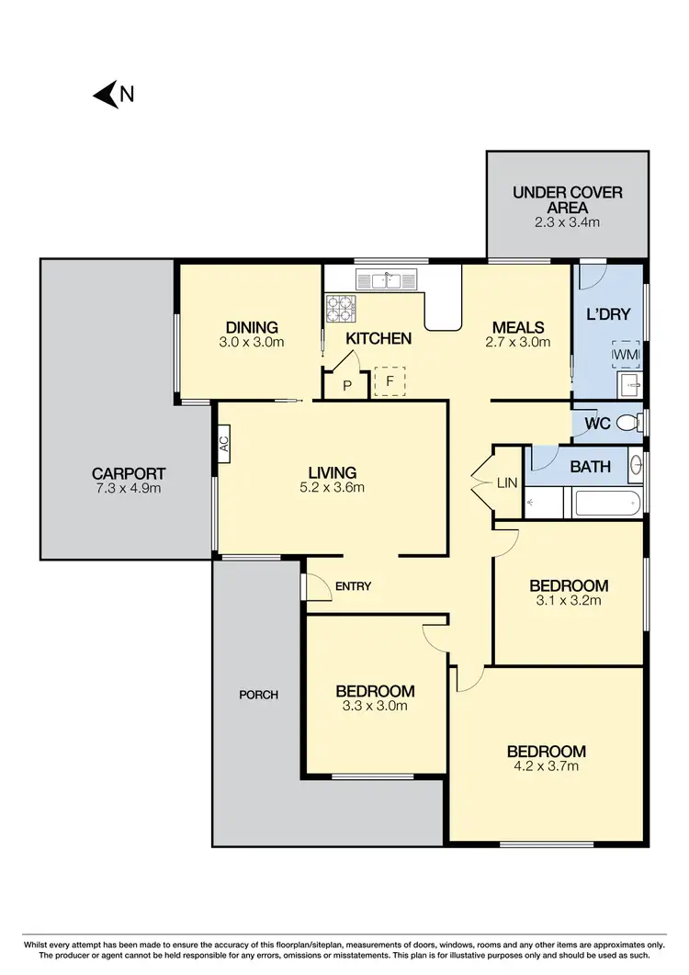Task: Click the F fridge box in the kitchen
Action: tap(390, 380)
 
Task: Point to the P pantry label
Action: tap(347, 386)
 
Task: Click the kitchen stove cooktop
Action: tap(341, 309)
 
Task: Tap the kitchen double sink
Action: tap(387, 279)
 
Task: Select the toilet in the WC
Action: tap(630, 423)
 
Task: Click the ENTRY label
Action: tap(353, 586)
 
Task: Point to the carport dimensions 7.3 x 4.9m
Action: tap(129, 488)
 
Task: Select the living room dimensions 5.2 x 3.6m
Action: tap(332, 488)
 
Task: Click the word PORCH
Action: tap(258, 695)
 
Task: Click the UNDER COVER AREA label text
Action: tap(567, 199)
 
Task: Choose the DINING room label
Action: tap(251, 327)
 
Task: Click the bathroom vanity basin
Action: tap(636, 466)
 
